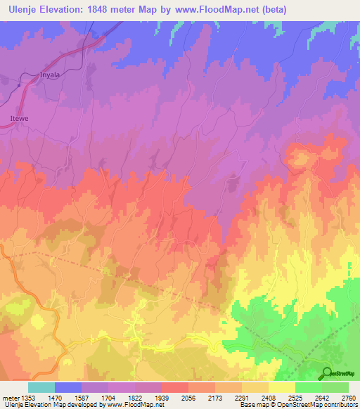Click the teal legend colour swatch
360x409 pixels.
(x=41, y=387)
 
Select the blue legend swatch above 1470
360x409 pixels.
(x=67, y=387)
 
